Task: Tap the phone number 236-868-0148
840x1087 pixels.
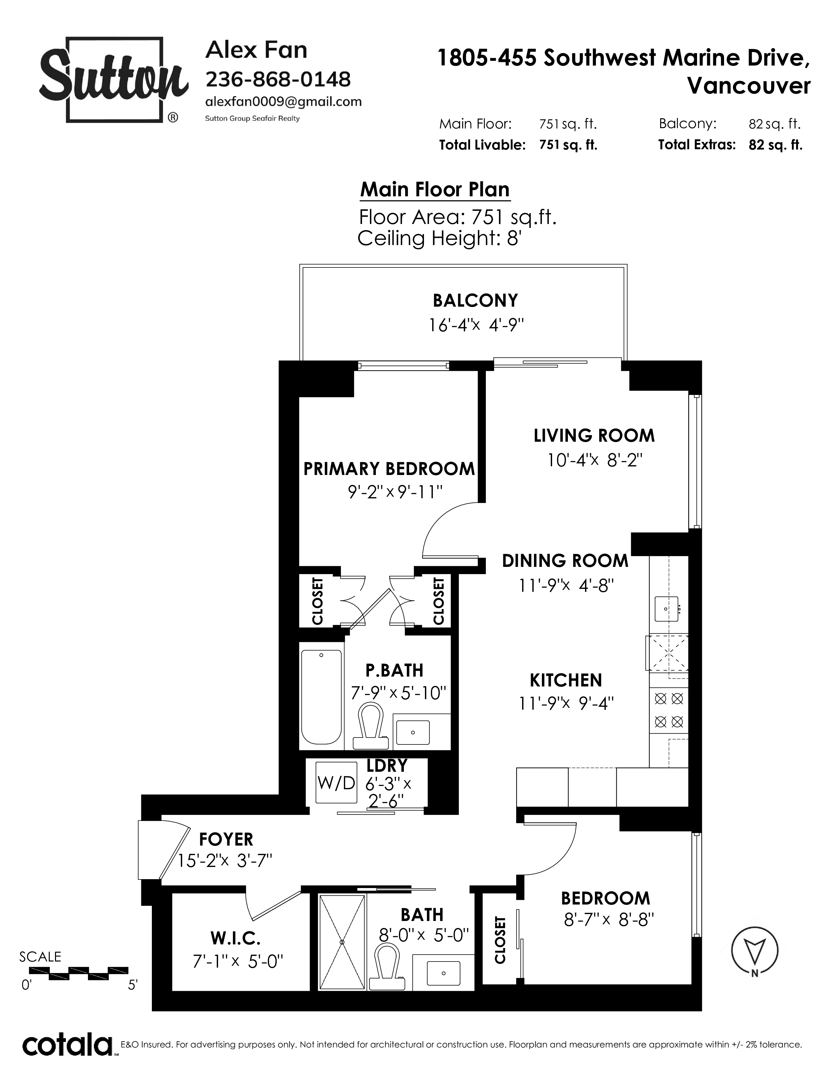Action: click(x=278, y=79)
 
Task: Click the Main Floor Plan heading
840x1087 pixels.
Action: click(x=435, y=190)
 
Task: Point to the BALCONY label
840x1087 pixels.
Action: click(x=475, y=301)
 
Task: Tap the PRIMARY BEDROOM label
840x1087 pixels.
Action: click(x=389, y=469)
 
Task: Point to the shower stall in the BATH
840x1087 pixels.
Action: click(x=342, y=942)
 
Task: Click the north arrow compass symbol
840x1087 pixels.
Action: click(x=755, y=952)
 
